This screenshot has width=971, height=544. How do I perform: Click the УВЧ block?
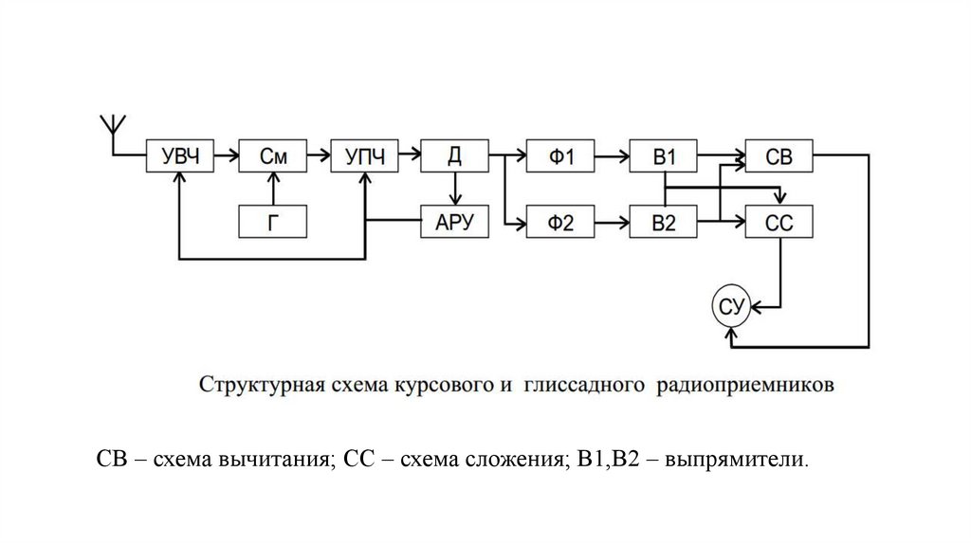(180, 156)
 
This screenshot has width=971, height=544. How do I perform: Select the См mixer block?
(273, 156)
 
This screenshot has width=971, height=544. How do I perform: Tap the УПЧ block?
(364, 156)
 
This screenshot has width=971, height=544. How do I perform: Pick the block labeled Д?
(455, 156)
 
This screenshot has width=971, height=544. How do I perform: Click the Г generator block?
(273, 222)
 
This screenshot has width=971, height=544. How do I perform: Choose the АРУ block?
(455, 222)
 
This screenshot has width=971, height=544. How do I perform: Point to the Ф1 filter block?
(563, 156)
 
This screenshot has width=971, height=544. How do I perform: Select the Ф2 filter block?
(563, 222)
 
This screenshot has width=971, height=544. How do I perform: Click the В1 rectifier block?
(664, 156)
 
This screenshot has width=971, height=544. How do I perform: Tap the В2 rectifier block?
(664, 222)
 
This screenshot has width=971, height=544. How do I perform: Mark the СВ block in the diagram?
(779, 156)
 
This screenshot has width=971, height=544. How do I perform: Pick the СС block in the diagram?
(779, 222)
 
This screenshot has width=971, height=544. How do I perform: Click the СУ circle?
(731, 305)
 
